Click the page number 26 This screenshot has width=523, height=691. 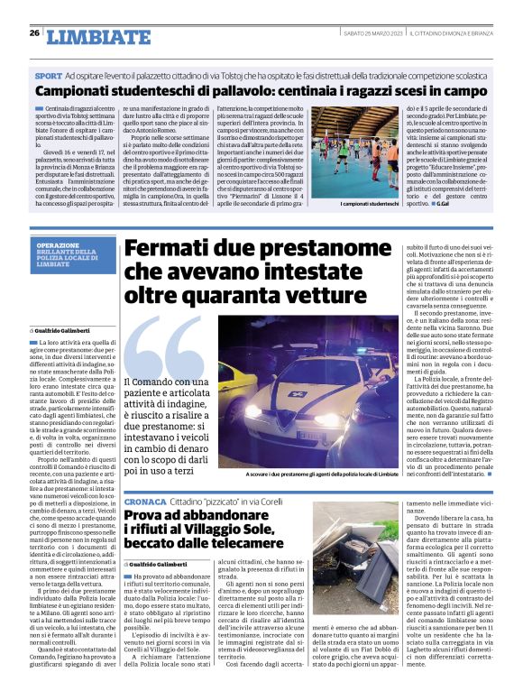[33, 33]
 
